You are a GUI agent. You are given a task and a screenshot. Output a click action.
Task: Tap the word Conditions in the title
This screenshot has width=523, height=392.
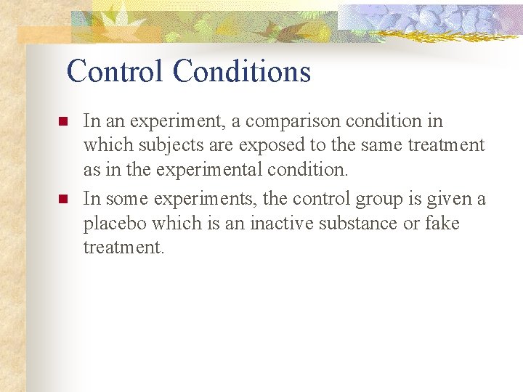pyautogui.click(x=242, y=71)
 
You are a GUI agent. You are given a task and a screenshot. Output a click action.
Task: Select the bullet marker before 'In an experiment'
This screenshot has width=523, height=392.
pyautogui.click(x=62, y=121)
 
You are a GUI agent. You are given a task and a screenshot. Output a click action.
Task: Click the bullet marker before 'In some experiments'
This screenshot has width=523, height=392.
pyautogui.click(x=62, y=199)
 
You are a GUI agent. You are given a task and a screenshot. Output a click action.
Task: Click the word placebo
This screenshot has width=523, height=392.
pyautogui.click(x=113, y=224)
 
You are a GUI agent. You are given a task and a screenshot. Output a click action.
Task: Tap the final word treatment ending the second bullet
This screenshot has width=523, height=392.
pyautogui.click(x=123, y=248)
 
